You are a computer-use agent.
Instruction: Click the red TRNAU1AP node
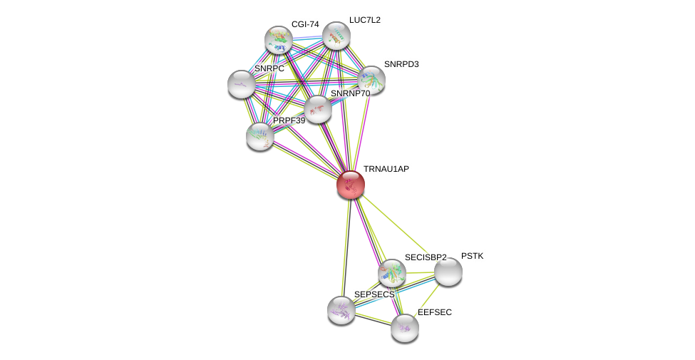pyautogui.click(x=351, y=185)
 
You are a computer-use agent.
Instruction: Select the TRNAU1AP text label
pyautogui.click(x=386, y=169)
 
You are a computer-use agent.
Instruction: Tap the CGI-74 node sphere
pyautogui.click(x=278, y=40)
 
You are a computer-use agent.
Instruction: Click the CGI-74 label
pyautogui.click(x=305, y=24)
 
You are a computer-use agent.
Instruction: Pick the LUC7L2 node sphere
pyautogui.click(x=336, y=36)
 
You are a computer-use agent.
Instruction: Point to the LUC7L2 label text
pyautogui.click(x=364, y=20)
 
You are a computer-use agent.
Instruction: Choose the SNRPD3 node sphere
pyautogui.click(x=371, y=80)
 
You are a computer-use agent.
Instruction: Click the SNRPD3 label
pyautogui.click(x=401, y=64)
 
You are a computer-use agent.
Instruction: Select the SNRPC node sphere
pyautogui.click(x=242, y=84)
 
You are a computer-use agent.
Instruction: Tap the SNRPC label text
pyautogui.click(x=269, y=68)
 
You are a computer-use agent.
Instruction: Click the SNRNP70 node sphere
pyautogui.click(x=317, y=109)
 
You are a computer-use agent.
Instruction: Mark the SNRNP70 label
pyautogui.click(x=350, y=93)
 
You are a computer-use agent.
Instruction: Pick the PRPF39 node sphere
pyautogui.click(x=260, y=135)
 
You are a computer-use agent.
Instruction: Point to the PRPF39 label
pyautogui.click(x=289, y=120)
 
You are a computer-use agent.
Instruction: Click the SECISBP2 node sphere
pyautogui.click(x=391, y=272)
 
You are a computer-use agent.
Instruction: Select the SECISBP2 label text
pyautogui.click(x=426, y=257)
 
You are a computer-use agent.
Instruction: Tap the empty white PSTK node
pyautogui.click(x=448, y=272)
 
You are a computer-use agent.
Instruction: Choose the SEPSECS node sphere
pyautogui.click(x=341, y=309)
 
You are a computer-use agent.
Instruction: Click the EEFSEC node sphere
pyautogui.click(x=405, y=327)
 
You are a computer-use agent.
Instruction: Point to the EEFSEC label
pyautogui.click(x=435, y=312)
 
